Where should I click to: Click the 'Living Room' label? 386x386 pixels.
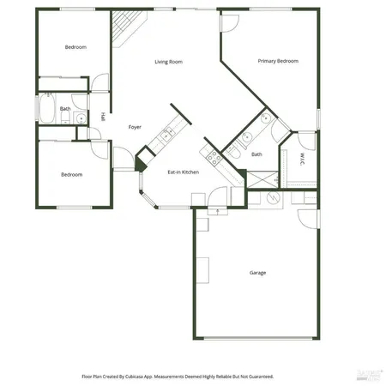pyautogui.click(x=168, y=62)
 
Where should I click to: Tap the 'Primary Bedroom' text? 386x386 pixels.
pyautogui.click(x=279, y=62)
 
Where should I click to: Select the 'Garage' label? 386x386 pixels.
pyautogui.click(x=257, y=273)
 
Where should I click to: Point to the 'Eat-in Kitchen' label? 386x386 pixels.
pyautogui.click(x=183, y=172)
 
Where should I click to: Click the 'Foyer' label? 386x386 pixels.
pyautogui.click(x=135, y=126)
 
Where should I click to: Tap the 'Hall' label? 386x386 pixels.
pyautogui.click(x=104, y=117)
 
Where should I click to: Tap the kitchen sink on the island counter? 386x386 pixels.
pyautogui.click(x=166, y=135)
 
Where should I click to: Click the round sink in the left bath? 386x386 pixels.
pyautogui.click(x=78, y=118)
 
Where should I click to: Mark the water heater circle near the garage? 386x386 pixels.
pyautogui.click(x=274, y=196)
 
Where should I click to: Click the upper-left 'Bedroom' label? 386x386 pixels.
pyautogui.click(x=75, y=47)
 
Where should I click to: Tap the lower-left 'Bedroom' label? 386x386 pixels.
pyautogui.click(x=71, y=174)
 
